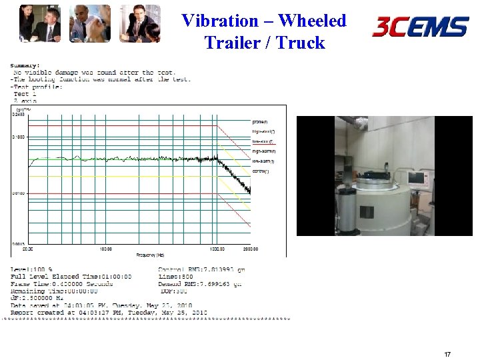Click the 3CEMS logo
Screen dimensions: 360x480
pos(420,27)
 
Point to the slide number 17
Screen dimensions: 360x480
pos(447,355)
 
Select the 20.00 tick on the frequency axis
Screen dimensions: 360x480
pos(27,249)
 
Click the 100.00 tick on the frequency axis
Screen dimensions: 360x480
pos(105,249)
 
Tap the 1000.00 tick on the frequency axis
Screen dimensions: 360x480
pos(217,249)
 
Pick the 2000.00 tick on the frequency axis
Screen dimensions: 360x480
pos(250,249)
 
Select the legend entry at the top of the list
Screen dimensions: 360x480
pos(260,122)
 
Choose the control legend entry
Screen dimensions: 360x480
pos(261,171)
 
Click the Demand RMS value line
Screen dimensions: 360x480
pos(200,283)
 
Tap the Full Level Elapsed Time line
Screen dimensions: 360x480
pos(71,277)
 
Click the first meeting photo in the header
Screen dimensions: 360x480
pos(39,23)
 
